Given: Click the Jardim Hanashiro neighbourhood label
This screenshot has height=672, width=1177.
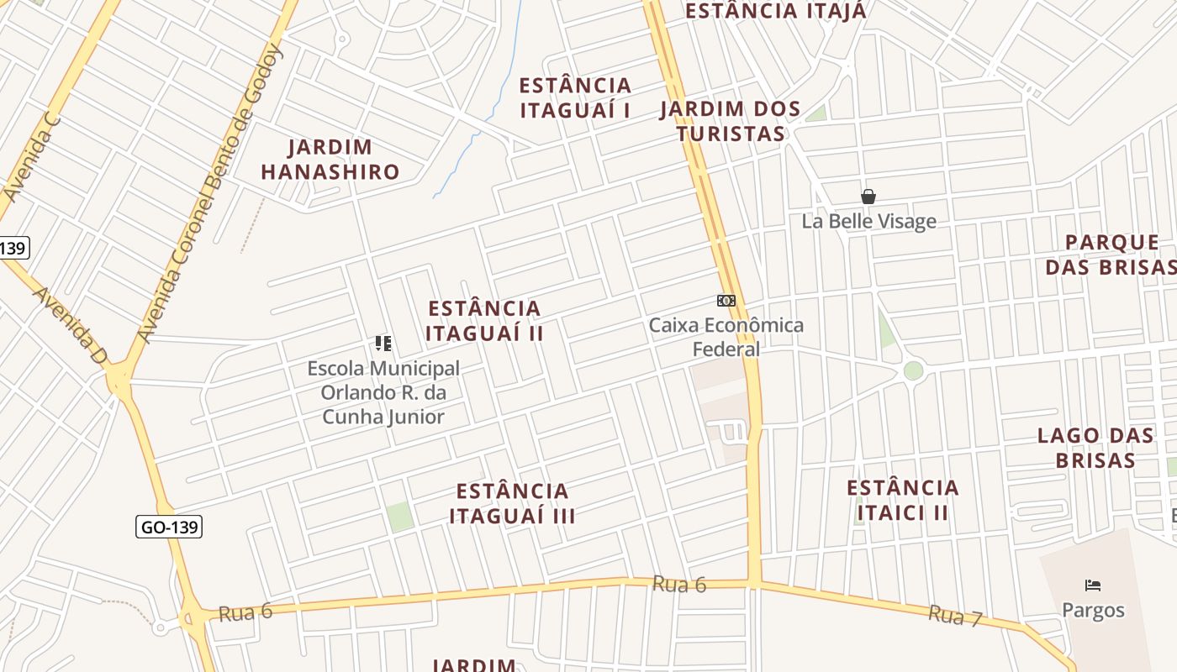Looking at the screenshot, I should [330, 160].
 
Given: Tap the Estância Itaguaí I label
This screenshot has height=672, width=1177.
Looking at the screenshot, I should [575, 97].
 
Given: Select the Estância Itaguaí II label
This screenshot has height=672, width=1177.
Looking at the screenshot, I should [484, 320].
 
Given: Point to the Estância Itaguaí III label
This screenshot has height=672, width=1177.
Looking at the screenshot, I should [512, 503].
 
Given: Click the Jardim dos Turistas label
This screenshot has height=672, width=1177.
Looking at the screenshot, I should [731, 121].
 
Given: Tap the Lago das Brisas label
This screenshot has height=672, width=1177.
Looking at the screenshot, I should [1095, 448].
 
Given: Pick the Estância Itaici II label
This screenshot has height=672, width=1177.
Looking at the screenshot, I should [902, 500].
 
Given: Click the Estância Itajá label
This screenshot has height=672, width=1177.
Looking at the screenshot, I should [775, 11].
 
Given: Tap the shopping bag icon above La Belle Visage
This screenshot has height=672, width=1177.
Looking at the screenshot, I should [868, 197].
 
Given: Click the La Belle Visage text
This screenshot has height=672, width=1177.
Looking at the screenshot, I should [868, 222].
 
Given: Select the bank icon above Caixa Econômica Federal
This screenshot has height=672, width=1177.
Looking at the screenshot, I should [726, 301].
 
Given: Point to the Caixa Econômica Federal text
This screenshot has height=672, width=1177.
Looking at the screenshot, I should [726, 337].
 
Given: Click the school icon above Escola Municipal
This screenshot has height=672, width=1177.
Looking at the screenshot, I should [383, 343].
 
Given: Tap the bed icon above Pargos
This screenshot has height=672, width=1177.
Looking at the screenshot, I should [1093, 585].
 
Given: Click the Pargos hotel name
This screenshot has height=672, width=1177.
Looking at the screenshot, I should [1093, 610].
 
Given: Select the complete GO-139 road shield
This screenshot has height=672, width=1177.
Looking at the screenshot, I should [169, 527].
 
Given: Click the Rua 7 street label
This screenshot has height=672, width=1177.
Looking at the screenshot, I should [955, 616].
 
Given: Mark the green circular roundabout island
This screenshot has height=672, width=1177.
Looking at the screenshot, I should [913, 370].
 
